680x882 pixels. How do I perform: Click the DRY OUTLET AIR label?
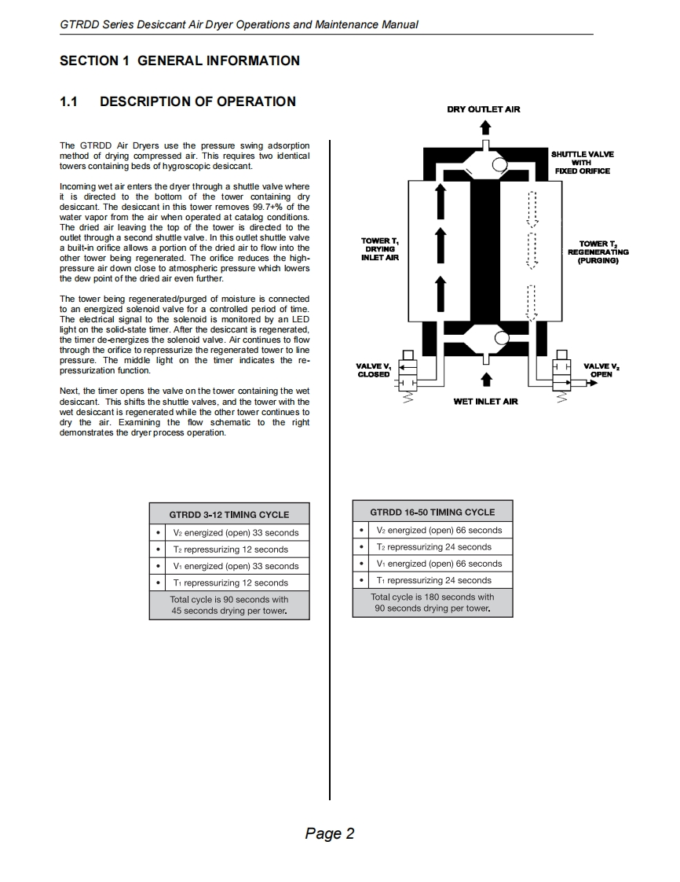[484, 109]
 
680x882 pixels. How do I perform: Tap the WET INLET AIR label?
[486, 402]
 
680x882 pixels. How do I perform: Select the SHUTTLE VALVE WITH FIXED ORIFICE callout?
[582, 163]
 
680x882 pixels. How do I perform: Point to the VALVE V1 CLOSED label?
[374, 370]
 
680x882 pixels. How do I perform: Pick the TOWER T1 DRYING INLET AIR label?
[380, 250]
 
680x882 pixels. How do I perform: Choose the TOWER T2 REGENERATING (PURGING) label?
[598, 252]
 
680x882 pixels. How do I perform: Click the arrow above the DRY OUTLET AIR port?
[485, 129]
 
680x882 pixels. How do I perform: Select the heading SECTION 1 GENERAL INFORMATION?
[180, 61]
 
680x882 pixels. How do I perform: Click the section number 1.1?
[68, 101]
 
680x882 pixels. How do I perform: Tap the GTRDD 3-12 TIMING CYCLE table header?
[229, 515]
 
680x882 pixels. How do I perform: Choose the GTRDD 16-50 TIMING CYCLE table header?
[433, 513]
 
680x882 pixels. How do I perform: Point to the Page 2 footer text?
[330, 833]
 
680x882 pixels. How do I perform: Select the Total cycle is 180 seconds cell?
[433, 603]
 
